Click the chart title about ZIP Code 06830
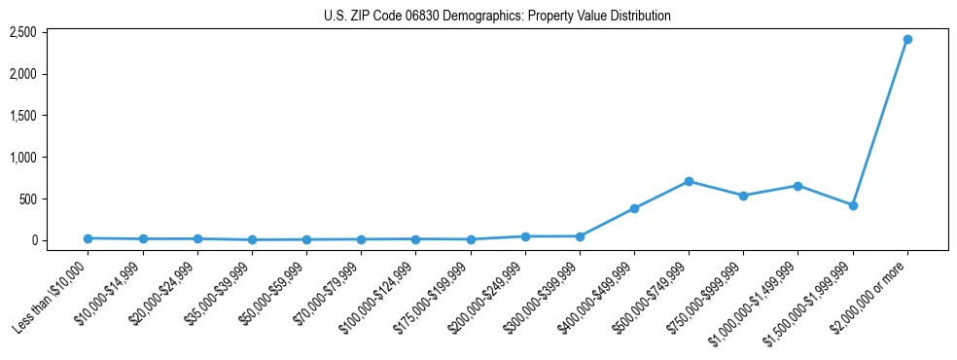(x=497, y=17)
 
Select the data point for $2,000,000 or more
(x=907, y=39)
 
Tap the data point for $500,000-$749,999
(x=689, y=181)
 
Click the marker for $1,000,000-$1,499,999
(x=797, y=186)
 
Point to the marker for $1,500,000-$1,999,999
(x=853, y=205)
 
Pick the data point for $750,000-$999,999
(x=743, y=196)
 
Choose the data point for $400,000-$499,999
(x=634, y=208)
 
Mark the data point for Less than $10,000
(x=89, y=238)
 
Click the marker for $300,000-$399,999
(x=580, y=236)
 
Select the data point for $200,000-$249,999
(x=525, y=236)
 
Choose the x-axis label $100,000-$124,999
(x=379, y=298)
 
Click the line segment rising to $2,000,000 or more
(x=880, y=122)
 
